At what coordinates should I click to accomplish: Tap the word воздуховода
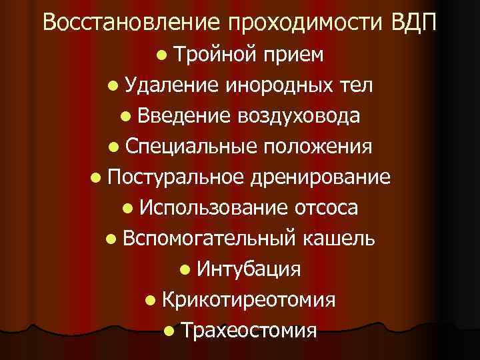(x=305, y=116)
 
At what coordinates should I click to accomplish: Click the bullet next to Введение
(x=125, y=117)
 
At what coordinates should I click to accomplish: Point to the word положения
(x=316, y=147)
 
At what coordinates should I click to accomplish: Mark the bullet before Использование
(x=126, y=209)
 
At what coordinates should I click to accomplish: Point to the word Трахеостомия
(x=249, y=330)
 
